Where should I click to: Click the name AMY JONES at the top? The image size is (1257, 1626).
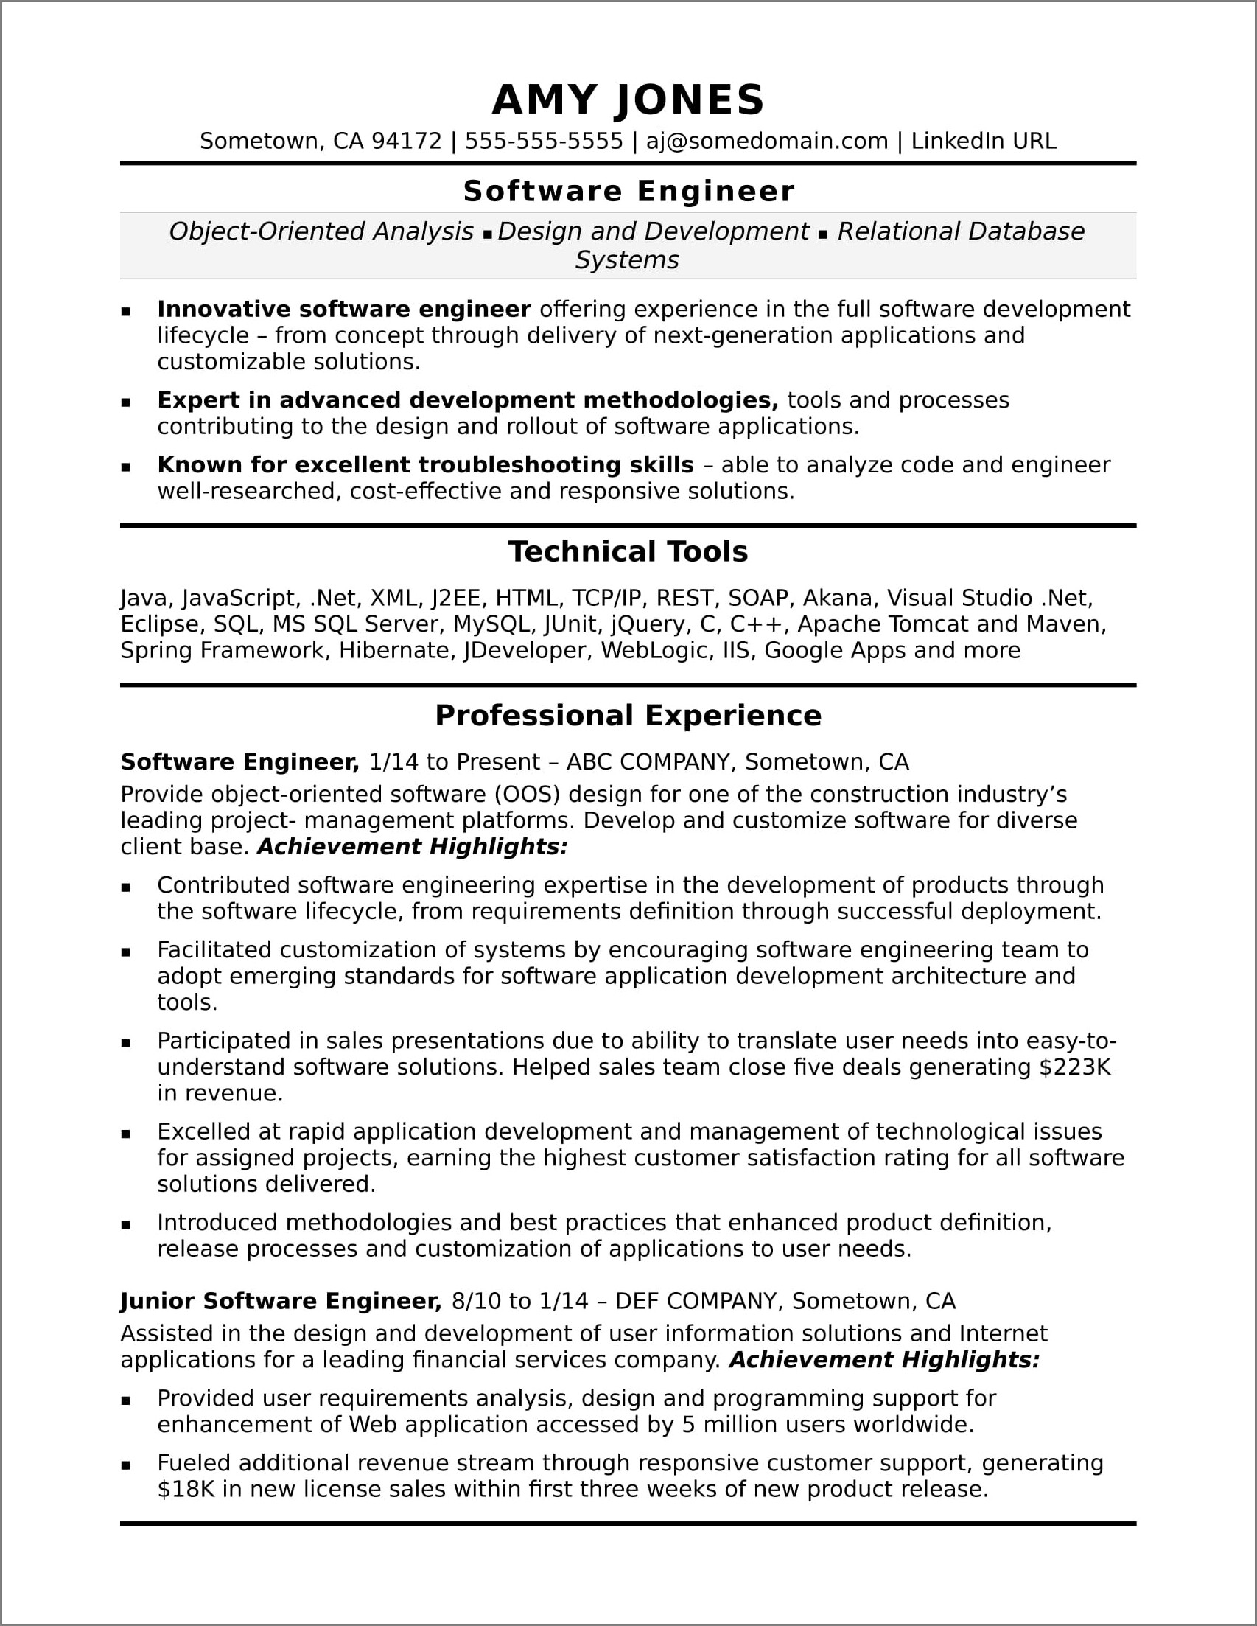(628, 100)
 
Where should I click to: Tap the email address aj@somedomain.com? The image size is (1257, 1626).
(766, 141)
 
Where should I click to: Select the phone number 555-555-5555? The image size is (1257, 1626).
(543, 141)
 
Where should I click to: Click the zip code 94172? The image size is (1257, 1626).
(405, 141)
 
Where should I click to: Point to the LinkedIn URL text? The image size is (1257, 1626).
(983, 141)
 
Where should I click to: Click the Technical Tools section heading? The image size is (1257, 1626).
(628, 551)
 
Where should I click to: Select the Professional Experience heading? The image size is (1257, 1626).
(628, 716)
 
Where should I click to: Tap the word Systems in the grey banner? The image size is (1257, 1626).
(626, 260)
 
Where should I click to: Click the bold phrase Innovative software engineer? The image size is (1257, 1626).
(344, 309)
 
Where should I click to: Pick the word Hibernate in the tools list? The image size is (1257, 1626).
(394, 650)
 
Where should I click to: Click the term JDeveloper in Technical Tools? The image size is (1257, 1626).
(526, 650)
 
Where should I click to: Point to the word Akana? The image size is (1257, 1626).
(838, 598)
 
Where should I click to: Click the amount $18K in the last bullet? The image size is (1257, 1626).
(186, 1489)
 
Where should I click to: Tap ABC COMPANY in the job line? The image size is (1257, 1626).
(648, 761)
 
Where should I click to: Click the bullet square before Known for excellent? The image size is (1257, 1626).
(126, 467)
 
